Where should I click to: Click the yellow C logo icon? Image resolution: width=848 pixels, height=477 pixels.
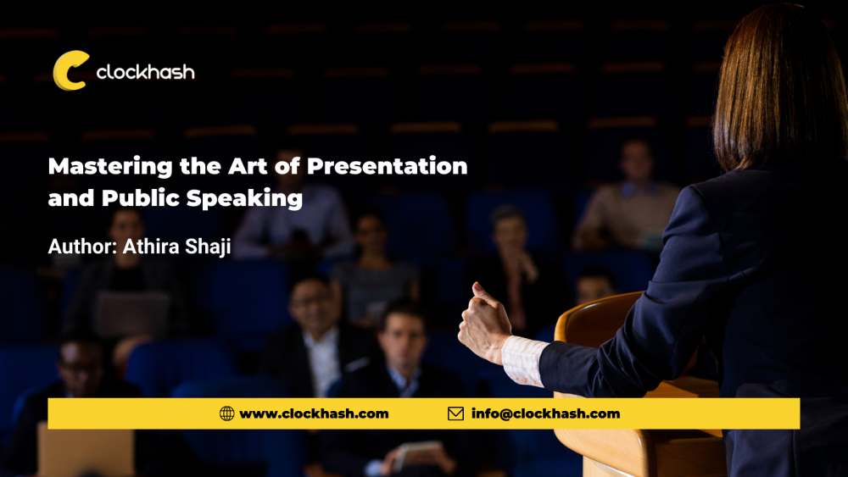[70, 71]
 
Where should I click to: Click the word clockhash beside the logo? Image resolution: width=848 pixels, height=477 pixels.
[146, 71]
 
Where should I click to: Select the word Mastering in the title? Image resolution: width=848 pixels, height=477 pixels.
[110, 166]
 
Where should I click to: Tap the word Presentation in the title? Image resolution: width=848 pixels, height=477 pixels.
[388, 166]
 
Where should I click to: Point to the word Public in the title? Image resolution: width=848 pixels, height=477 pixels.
[141, 197]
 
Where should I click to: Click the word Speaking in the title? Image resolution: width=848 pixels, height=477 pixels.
[244, 198]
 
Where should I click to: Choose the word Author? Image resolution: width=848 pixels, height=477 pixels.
[82, 247]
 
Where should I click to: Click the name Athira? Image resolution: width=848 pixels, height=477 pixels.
[151, 247]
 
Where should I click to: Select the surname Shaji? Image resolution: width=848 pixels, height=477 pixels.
[209, 247]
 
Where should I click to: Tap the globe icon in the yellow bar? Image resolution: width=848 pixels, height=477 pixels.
[226, 413]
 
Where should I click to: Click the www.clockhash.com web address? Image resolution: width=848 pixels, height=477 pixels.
[314, 413]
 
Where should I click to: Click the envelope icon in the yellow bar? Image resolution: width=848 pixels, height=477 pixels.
[456, 413]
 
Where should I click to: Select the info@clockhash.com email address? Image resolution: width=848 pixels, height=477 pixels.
[545, 413]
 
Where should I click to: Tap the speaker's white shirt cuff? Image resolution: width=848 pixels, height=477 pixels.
[523, 361]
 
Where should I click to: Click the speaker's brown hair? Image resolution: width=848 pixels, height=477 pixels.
[778, 86]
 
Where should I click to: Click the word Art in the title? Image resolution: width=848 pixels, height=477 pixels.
[248, 166]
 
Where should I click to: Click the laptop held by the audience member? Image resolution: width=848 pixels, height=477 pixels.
[133, 313]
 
